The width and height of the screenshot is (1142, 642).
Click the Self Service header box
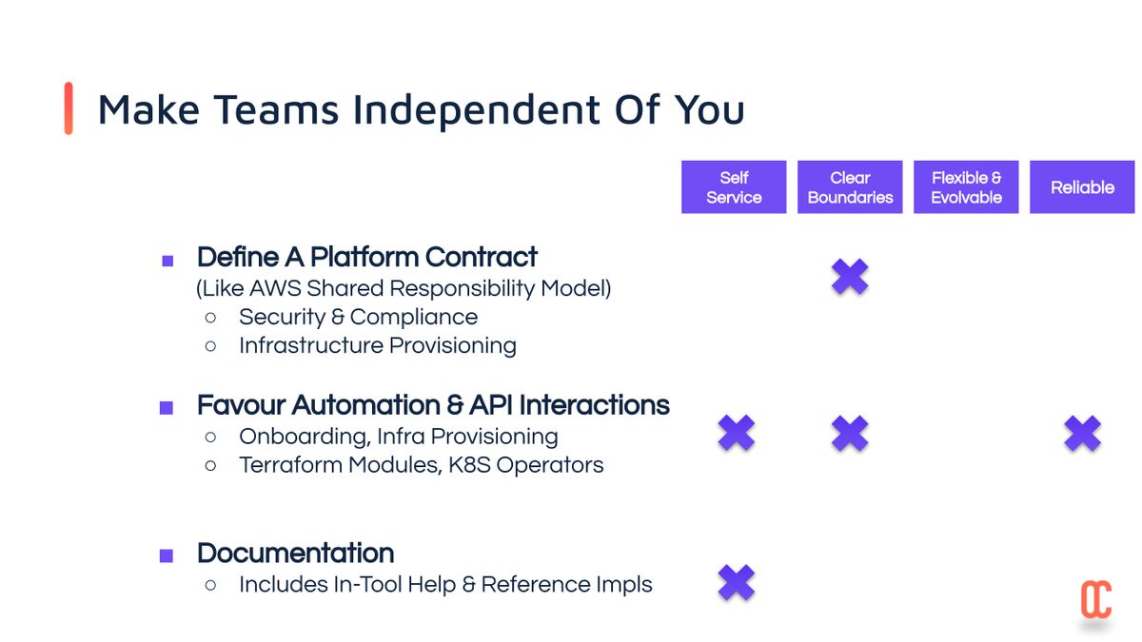(x=734, y=187)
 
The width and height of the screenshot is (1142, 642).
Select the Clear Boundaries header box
(x=850, y=187)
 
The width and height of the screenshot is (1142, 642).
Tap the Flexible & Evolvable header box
(x=966, y=187)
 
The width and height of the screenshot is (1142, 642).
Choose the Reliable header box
(x=1082, y=187)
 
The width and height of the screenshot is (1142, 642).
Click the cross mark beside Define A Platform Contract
(x=850, y=277)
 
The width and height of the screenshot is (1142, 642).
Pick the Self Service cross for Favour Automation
(x=737, y=433)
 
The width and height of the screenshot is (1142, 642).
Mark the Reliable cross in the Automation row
(x=1082, y=434)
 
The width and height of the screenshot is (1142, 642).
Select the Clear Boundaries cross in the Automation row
(x=850, y=434)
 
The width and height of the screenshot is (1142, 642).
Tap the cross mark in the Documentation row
(x=737, y=582)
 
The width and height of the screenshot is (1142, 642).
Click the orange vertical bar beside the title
(x=69, y=108)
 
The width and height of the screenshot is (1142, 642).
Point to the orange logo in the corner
(x=1096, y=599)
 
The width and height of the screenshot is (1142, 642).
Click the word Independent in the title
(x=476, y=110)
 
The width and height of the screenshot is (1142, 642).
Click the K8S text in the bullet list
(x=469, y=465)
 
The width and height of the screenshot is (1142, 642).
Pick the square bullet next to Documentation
(x=167, y=555)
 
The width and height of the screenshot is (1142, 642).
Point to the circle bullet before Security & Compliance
(x=210, y=318)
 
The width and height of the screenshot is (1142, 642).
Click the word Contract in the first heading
(x=481, y=257)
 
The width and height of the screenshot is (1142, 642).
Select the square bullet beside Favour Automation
(x=167, y=408)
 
